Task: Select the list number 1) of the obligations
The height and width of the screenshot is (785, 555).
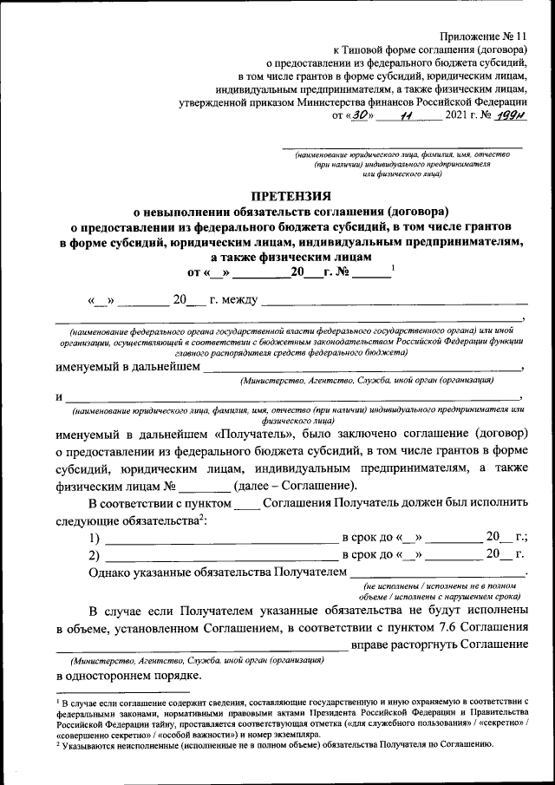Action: coord(94,538)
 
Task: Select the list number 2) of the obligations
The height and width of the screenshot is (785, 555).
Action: coord(94,555)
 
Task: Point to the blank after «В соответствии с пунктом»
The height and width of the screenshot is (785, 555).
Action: coord(247,505)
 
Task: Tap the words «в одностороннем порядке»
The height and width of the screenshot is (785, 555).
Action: coord(129,675)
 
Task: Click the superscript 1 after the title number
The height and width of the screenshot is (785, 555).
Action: coord(393,267)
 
